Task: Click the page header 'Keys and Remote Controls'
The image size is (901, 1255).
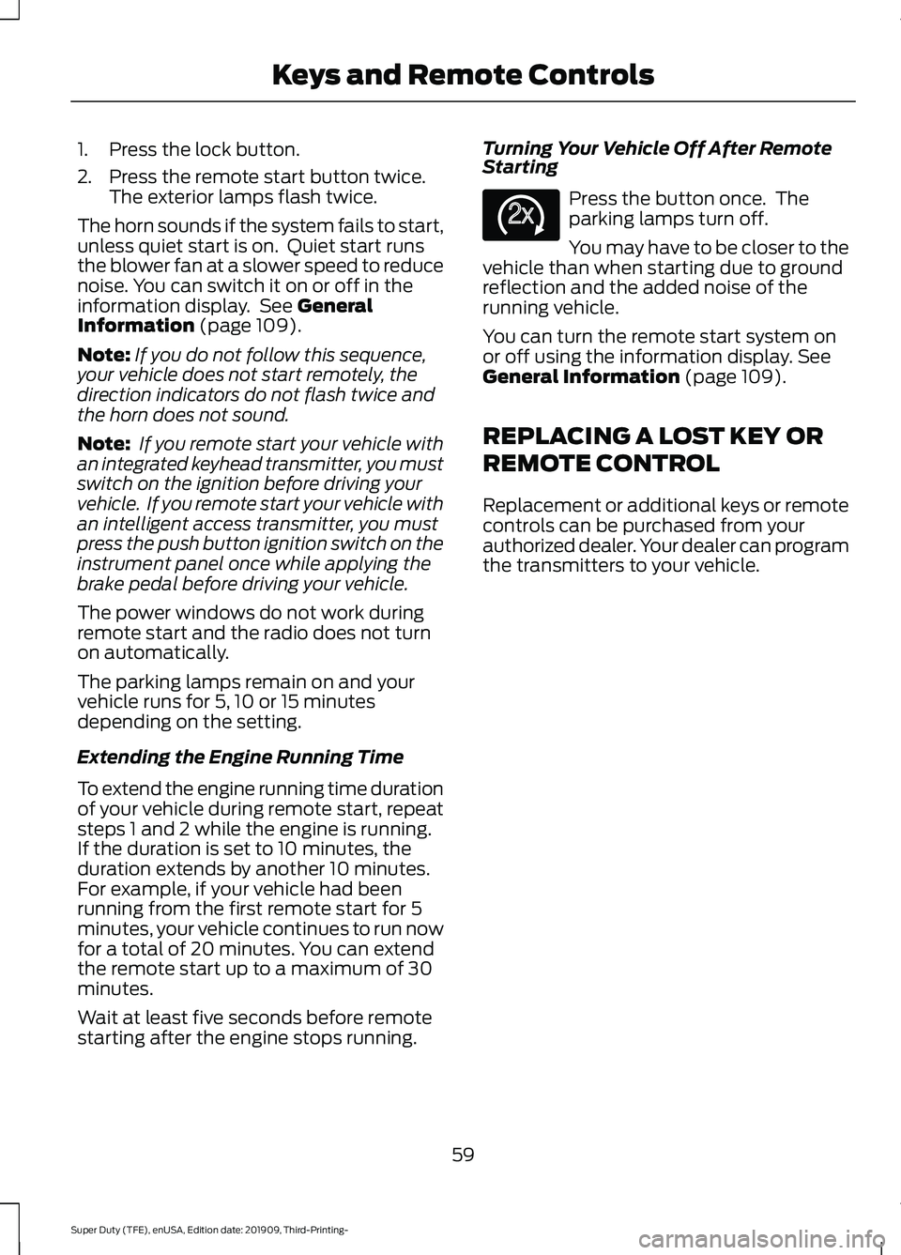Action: [x=463, y=75]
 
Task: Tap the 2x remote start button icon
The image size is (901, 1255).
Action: [x=521, y=214]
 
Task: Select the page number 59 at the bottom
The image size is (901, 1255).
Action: [x=463, y=1155]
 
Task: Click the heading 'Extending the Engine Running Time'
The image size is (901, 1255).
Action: [x=240, y=757]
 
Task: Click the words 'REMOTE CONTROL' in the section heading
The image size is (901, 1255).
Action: [x=601, y=464]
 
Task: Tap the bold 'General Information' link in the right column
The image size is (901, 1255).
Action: [x=581, y=376]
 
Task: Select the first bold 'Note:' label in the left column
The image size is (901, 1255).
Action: [x=103, y=355]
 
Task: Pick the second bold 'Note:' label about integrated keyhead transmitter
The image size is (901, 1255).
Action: [x=103, y=444]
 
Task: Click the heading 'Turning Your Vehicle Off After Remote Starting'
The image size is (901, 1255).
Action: [x=656, y=158]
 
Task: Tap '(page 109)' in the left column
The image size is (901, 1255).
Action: [x=251, y=326]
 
